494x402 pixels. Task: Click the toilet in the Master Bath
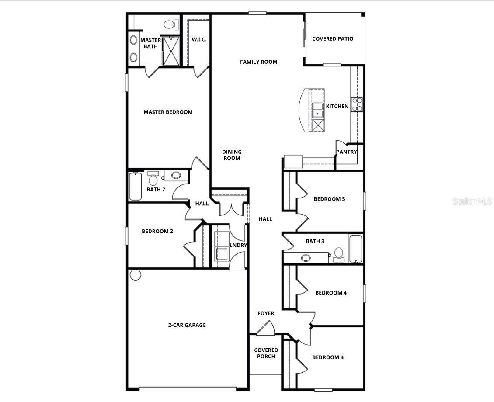coord(170,24)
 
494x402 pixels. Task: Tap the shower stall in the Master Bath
coord(171,51)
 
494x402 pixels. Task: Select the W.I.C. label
coord(199,39)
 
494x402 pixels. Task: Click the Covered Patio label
coord(333,39)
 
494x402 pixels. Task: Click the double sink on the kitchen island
coord(318,111)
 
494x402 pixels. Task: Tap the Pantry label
coord(347,152)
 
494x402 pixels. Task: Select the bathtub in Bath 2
coord(136,187)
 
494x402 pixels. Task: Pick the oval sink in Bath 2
coord(176,175)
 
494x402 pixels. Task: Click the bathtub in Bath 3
coord(356,249)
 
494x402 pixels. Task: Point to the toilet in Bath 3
coord(338,254)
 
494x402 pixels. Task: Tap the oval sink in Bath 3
coord(306,258)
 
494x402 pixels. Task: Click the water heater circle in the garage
coord(136,275)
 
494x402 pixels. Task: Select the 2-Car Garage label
coord(187,325)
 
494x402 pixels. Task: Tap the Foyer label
coord(266,313)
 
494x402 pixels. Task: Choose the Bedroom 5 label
coord(329,199)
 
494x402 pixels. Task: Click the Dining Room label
coord(232,155)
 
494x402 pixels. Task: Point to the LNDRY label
coord(238,245)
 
